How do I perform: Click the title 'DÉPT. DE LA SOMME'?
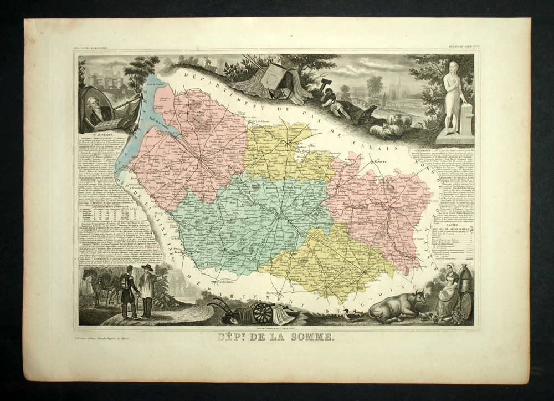point(276,337)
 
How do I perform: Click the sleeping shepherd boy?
point(335,103)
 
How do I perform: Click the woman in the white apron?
point(447,292)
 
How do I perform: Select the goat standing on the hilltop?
point(211,65)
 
